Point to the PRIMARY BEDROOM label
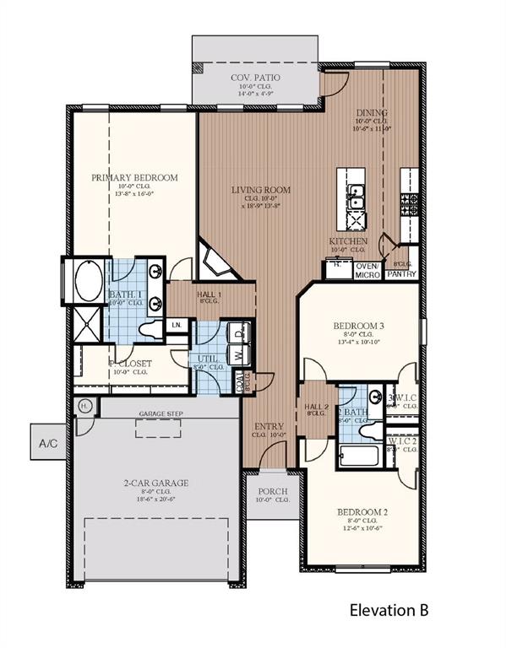[x=135, y=177]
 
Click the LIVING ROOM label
[x=261, y=190]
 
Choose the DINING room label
[x=371, y=112]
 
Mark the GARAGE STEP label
[x=161, y=414]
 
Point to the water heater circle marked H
[x=84, y=406]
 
